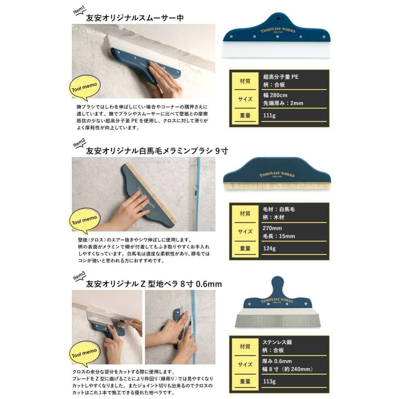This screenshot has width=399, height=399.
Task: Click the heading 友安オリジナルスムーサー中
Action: [x=135, y=18]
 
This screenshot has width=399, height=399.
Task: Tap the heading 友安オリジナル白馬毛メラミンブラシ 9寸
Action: [x=157, y=151]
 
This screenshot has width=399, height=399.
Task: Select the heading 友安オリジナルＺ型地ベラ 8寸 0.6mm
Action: [x=154, y=284]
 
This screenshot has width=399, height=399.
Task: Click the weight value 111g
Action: [x=269, y=115]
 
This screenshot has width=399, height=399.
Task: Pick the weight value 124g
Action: [x=269, y=248]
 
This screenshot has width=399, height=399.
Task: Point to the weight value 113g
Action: [x=269, y=381]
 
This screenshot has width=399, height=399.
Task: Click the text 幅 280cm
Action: [x=275, y=95]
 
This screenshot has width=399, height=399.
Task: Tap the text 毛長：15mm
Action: [x=279, y=236]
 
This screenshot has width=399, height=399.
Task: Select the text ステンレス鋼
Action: [x=277, y=342]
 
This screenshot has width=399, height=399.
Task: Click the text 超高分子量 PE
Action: [x=281, y=77]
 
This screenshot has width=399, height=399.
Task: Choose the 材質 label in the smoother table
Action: [x=245, y=81]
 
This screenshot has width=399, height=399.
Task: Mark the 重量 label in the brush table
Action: [x=245, y=248]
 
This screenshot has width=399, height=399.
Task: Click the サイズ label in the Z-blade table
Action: [x=245, y=364]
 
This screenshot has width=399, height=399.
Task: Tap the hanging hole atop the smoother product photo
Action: [x=278, y=19]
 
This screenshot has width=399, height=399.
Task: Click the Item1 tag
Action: [x=79, y=11]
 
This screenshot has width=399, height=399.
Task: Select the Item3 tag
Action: [x=79, y=277]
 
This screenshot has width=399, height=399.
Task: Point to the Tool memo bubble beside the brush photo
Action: [x=85, y=221]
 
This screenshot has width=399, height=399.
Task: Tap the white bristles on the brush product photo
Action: [x=277, y=187]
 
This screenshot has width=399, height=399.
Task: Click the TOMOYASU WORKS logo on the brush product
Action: [x=277, y=174]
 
